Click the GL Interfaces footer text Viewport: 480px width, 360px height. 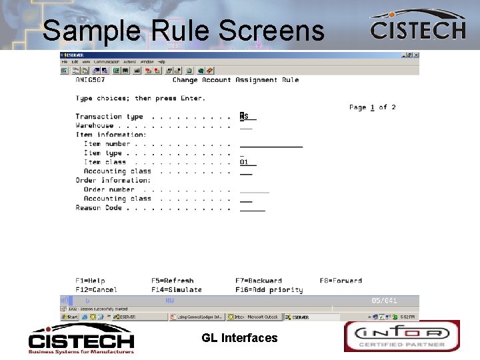(x=239, y=338)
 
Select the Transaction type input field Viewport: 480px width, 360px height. (x=248, y=117)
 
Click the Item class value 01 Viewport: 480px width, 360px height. (x=244, y=162)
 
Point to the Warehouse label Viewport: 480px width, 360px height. (x=95, y=125)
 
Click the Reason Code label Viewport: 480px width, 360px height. (x=99, y=207)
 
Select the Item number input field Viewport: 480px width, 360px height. (x=271, y=143)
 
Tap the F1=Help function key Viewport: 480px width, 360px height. (x=90, y=281)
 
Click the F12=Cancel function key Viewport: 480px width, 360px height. (x=96, y=290)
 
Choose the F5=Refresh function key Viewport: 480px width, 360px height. (x=172, y=281)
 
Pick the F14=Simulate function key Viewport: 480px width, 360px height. (x=176, y=290)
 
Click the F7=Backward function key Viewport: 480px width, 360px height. (x=258, y=281)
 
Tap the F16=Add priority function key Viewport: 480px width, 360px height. (x=269, y=290)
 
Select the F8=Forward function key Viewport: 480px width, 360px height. (x=341, y=281)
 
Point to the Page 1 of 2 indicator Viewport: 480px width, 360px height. (x=372, y=107)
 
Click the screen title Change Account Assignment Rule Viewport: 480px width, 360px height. (x=235, y=80)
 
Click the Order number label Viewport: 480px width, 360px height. (x=109, y=189)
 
